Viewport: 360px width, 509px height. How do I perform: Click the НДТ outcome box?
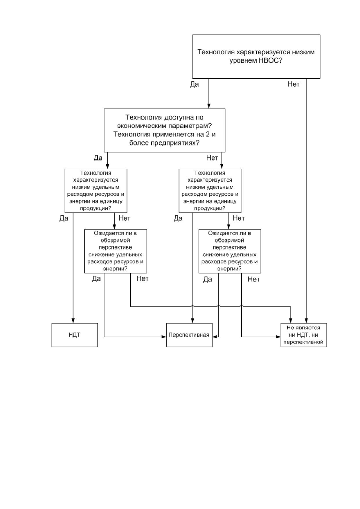tap(75, 335)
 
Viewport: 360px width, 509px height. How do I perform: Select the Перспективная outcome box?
tap(189, 335)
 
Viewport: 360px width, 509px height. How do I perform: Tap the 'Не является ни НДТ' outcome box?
tap(303, 335)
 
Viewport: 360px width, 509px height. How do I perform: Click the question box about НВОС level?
tap(256, 57)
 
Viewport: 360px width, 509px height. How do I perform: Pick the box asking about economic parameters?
tap(165, 130)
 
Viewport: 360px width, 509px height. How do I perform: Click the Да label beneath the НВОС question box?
tap(195, 84)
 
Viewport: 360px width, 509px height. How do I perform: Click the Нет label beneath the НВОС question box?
tap(294, 84)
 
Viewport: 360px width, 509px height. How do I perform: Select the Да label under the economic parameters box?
tap(98, 158)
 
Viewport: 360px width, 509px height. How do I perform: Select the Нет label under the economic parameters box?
tap(212, 158)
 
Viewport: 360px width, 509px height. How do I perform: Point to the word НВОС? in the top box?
tap(270, 61)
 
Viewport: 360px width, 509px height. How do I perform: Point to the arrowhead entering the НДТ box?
tap(73, 321)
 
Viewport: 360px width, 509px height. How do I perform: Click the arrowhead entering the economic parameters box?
tap(208, 106)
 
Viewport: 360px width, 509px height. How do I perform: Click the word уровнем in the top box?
tap(243, 61)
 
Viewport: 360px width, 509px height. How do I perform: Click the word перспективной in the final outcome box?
tap(303, 342)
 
